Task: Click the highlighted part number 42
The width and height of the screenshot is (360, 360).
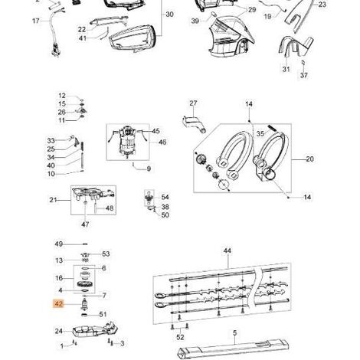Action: pos(58,304)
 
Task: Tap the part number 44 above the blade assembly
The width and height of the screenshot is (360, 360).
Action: pos(227,250)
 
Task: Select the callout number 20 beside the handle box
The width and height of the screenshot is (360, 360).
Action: pos(309,159)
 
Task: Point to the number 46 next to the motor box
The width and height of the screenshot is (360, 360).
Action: pos(162,142)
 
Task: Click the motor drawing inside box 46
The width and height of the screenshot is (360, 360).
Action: pos(127,142)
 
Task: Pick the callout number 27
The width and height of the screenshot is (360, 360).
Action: pos(193,103)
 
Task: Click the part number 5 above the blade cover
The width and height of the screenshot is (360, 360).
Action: pos(235,333)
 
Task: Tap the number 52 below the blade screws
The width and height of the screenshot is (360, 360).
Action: pos(180,337)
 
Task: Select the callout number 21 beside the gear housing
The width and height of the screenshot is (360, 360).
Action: pos(53,200)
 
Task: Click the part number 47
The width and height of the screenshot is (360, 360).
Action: pos(85,224)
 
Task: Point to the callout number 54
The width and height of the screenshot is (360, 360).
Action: pos(165,197)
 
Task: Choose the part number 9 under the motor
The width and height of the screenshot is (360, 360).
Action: pos(149,169)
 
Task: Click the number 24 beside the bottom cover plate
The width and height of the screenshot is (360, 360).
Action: pos(59,331)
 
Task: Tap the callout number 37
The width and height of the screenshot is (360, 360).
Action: pos(304,75)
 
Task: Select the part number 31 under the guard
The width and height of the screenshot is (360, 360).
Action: pos(286,69)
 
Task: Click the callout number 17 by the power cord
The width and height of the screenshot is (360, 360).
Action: pos(36,21)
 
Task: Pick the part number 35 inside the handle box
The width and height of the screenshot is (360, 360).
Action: pos(260,133)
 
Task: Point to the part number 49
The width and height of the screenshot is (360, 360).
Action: pos(59,244)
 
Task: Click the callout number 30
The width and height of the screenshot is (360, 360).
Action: pos(169,15)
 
